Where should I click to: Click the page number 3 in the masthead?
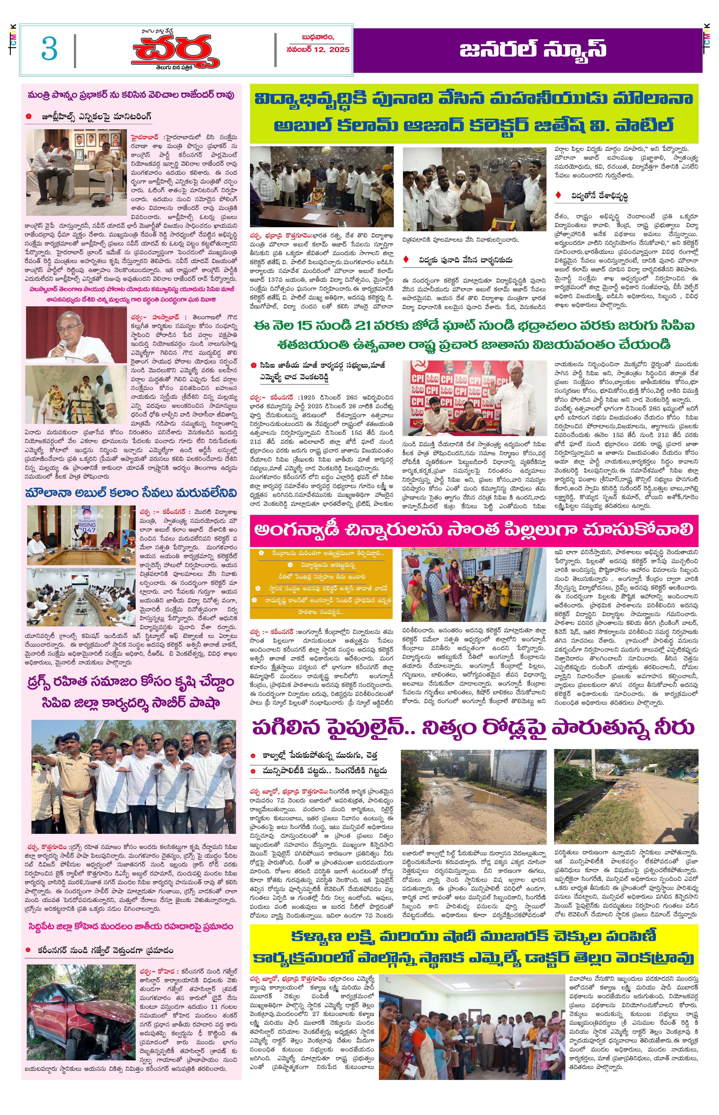49,49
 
